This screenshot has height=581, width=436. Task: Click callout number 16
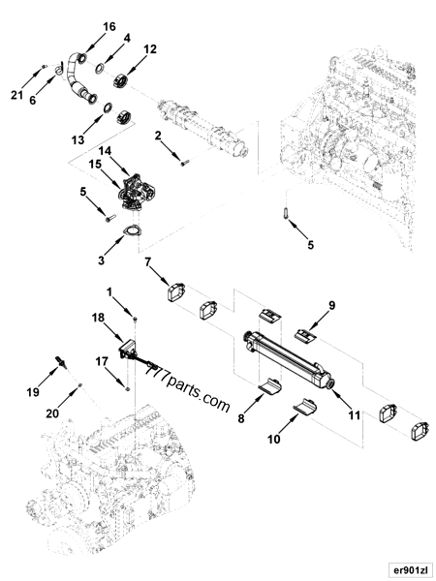tap(109, 25)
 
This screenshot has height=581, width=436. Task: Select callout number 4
tap(127, 38)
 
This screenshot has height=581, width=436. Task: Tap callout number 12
tap(149, 48)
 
